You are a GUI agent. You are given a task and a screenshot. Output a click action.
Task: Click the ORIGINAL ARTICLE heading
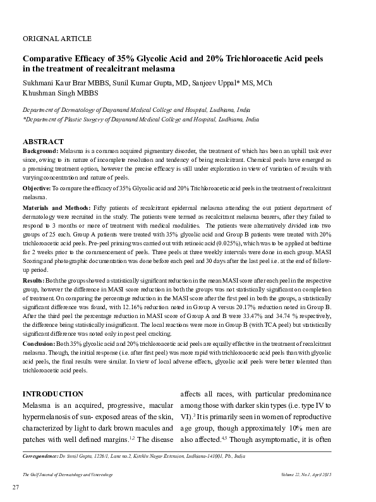[57, 39]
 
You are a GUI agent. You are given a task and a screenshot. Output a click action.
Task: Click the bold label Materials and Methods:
[56, 208]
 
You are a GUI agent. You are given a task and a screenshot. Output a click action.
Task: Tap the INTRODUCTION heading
[52, 393]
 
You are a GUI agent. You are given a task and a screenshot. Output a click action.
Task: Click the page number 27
[17, 487]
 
